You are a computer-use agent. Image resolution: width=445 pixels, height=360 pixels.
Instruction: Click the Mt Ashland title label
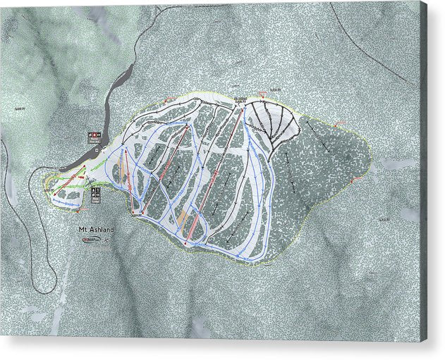(x=96, y=230)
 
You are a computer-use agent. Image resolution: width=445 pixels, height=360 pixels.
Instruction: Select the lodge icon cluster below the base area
(x=96, y=194)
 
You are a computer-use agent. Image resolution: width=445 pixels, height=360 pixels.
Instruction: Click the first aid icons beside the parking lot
(x=95, y=136)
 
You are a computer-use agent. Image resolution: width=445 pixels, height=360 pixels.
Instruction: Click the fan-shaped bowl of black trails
(x=276, y=121)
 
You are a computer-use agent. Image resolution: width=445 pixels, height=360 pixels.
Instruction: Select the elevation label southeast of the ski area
(x=384, y=219)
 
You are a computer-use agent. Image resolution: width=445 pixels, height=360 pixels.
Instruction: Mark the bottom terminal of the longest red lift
(x=186, y=243)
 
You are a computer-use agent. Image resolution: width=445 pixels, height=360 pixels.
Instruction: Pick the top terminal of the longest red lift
(x=235, y=108)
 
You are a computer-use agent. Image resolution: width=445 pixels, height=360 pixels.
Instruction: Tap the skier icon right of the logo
(x=107, y=240)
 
